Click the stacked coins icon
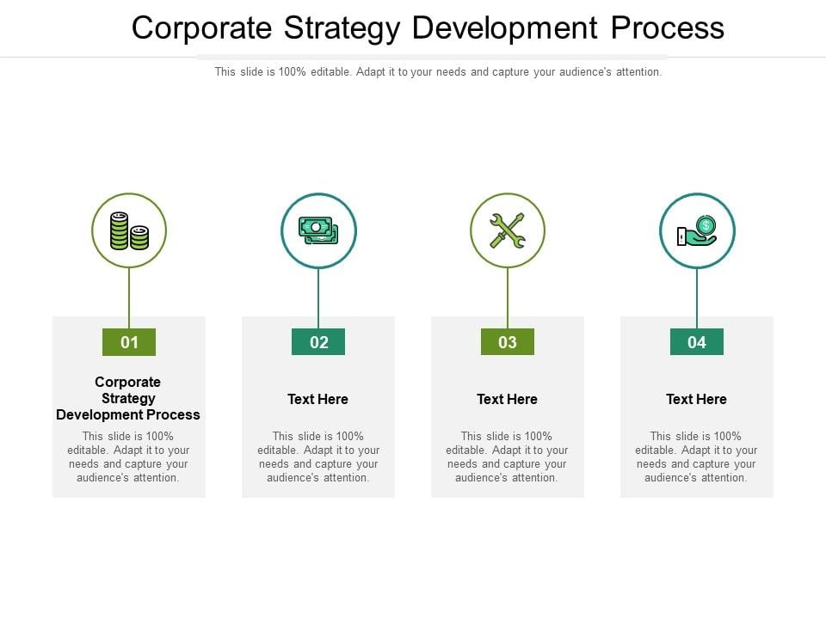point(129,230)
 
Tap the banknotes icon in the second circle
point(318,230)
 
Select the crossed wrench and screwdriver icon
point(508,230)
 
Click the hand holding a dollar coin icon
point(697,230)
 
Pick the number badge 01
point(129,342)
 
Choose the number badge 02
point(318,342)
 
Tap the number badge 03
point(508,342)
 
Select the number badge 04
point(697,342)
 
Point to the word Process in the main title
point(668,28)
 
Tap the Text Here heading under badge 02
point(318,399)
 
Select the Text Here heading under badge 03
point(508,399)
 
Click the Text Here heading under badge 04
point(697,399)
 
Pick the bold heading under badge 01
point(128,398)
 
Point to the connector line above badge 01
point(129,297)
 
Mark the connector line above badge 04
point(697,297)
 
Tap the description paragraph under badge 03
point(508,457)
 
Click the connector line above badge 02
point(318,297)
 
